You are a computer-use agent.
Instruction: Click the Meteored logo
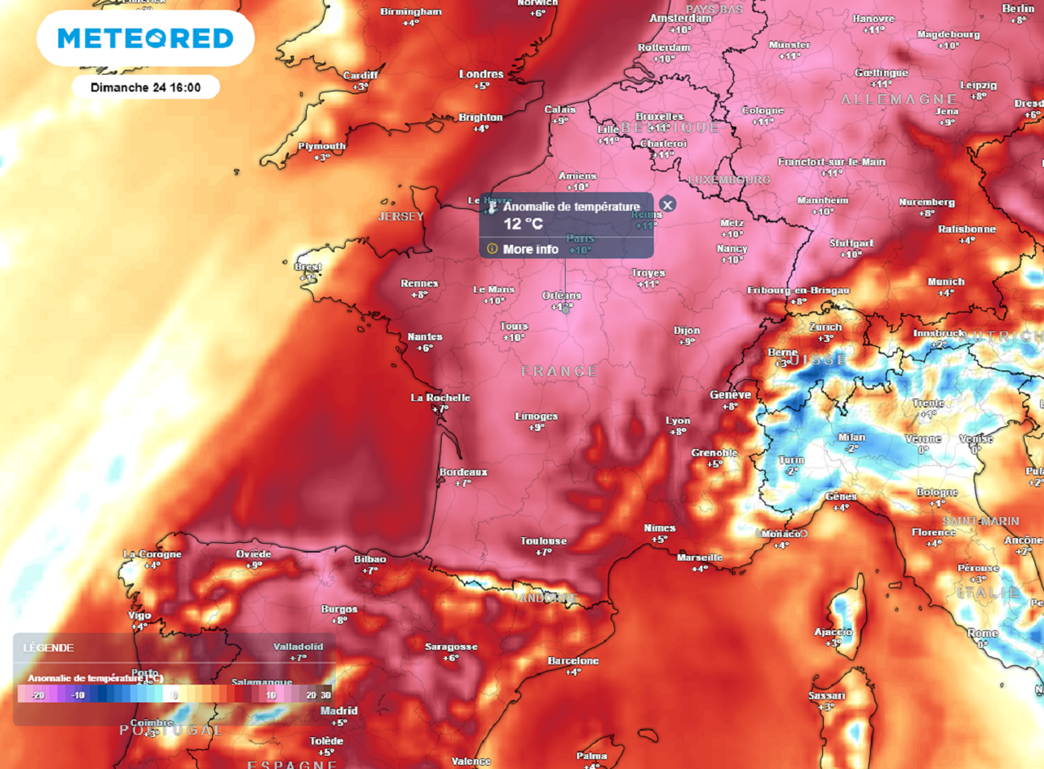pyautogui.click(x=145, y=38)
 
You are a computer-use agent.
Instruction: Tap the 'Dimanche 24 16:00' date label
pyautogui.click(x=145, y=87)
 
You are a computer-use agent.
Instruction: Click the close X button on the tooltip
pyautogui.click(x=667, y=205)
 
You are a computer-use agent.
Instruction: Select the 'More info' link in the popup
pyautogui.click(x=530, y=249)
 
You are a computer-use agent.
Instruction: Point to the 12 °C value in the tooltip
pyautogui.click(x=523, y=224)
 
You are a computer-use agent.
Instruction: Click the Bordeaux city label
pyautogui.click(x=462, y=472)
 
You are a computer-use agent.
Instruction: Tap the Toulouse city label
pyautogui.click(x=543, y=541)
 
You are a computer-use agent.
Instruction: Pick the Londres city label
pyautogui.click(x=481, y=74)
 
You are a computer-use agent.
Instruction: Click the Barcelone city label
pyautogui.click(x=573, y=661)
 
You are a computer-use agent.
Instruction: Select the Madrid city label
pyautogui.click(x=338, y=711)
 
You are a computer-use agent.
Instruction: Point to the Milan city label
pyautogui.click(x=852, y=438)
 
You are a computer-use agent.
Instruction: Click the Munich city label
pyautogui.click(x=945, y=282)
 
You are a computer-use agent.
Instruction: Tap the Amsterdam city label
pyautogui.click(x=680, y=18)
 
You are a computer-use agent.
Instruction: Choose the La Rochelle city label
pyautogui.click(x=440, y=398)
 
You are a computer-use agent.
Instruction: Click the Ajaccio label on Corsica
pyautogui.click(x=833, y=632)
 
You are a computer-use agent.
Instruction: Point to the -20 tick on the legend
pyautogui.click(x=36, y=695)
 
